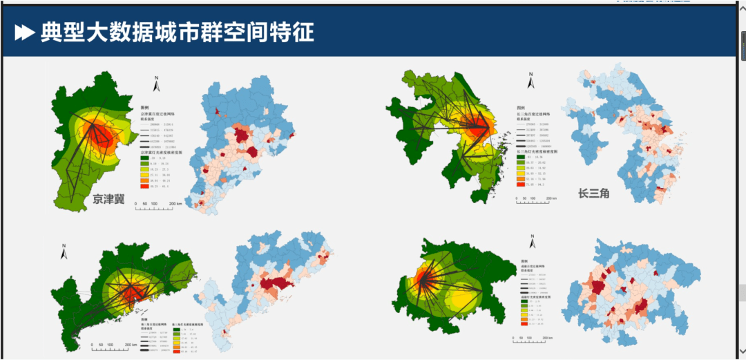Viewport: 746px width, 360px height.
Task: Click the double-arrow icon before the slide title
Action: [25, 32]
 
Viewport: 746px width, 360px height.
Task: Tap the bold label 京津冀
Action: [115, 200]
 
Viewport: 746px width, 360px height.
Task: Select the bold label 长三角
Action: [593, 194]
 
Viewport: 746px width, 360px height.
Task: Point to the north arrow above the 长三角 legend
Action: [530, 82]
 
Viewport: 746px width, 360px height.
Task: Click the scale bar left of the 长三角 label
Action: [536, 200]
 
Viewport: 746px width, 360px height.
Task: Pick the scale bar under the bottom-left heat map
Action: [113, 345]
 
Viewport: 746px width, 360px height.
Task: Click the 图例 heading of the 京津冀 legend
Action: [144, 108]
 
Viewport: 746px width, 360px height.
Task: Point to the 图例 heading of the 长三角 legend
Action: [521, 108]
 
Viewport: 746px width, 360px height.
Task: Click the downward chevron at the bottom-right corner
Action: [741, 350]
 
